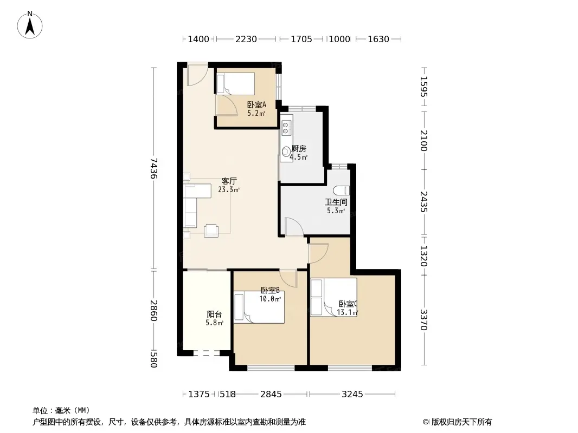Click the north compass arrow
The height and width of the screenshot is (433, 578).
tap(30, 26)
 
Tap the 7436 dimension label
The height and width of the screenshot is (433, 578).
tap(153, 168)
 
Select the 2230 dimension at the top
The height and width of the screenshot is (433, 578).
tap(246, 39)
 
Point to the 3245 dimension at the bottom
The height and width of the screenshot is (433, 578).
tap(352, 395)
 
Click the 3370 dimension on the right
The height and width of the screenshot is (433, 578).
tap(423, 320)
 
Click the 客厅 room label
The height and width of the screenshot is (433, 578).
tap(229, 181)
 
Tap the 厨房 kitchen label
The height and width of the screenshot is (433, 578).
tap(299, 149)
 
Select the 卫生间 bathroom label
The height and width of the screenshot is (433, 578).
tap(336, 202)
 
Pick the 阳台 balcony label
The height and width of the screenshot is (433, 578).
tap(214, 314)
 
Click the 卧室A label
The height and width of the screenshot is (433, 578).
tap(256, 105)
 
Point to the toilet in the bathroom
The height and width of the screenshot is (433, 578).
tap(342, 190)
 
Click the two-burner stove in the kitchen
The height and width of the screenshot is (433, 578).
tap(285, 128)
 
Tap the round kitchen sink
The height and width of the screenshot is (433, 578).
tap(286, 152)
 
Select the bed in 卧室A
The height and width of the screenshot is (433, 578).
tap(235, 83)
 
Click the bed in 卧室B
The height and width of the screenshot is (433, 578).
tap(259, 307)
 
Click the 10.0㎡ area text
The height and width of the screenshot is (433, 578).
tap(270, 299)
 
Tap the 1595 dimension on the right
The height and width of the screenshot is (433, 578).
tap(423, 87)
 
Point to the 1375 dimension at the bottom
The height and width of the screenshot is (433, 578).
tap(199, 395)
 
